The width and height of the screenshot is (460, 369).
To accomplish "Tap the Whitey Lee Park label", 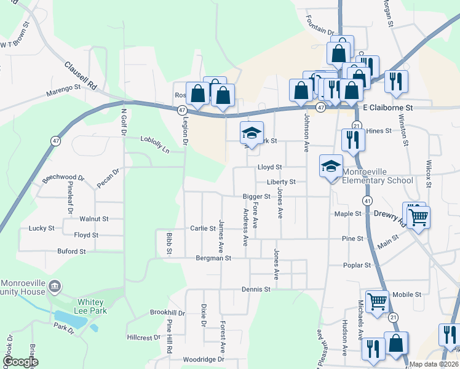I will point(92,306).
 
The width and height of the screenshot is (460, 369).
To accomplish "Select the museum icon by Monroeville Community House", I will point(55,286).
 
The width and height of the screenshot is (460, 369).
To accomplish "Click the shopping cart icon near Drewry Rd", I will point(418,216).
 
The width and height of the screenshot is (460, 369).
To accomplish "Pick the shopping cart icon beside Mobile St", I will point(377,301).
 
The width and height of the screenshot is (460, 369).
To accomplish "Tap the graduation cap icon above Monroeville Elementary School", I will point(331,166).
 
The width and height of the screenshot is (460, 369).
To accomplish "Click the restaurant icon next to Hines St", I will point(353,140).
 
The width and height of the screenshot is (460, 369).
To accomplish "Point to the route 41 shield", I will point(367,200).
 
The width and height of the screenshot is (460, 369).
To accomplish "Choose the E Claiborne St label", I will point(388,107).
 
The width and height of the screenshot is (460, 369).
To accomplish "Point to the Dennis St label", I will point(256,288).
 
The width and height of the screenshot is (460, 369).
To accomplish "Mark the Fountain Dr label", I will point(317,29).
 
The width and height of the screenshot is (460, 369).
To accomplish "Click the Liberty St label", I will point(281,182).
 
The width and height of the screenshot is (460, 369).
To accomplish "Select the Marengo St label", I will point(63,91).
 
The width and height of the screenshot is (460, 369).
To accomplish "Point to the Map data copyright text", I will point(434,364).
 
